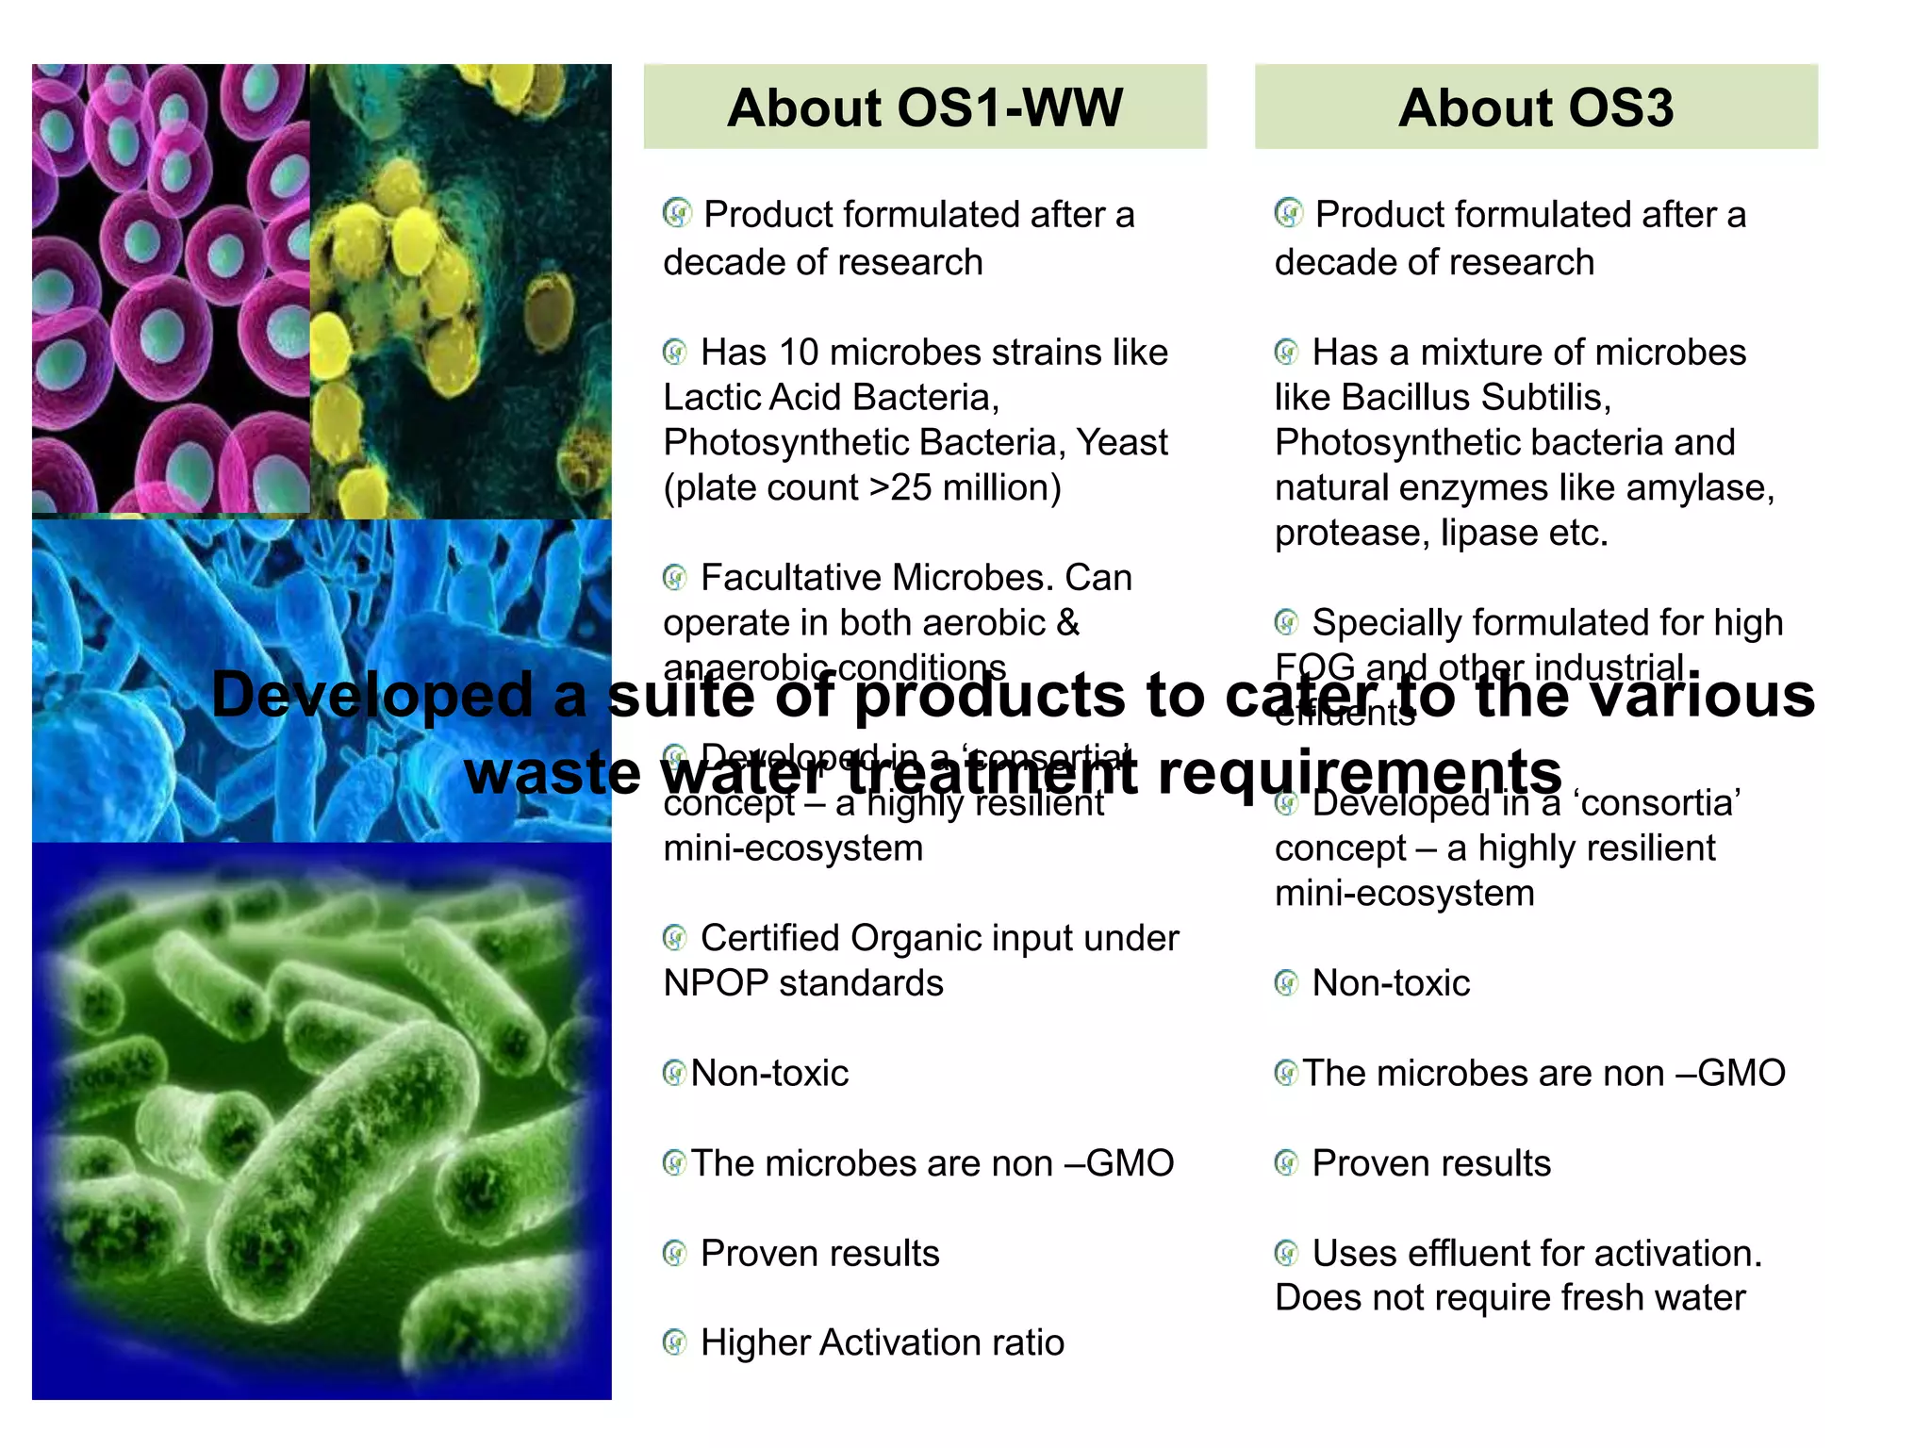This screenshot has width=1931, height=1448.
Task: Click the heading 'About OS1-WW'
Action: click(924, 107)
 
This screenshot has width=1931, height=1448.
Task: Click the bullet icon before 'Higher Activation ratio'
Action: click(674, 1342)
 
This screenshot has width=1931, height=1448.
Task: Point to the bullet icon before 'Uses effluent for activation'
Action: click(1286, 1253)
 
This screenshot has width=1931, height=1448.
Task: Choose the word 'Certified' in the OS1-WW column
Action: click(769, 938)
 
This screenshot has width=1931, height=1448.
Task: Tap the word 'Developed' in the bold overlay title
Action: click(373, 696)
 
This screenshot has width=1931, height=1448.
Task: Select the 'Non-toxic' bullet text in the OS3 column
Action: click(1391, 983)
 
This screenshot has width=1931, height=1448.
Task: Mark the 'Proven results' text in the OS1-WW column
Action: click(819, 1254)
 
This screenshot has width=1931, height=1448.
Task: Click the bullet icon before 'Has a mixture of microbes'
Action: click(1286, 353)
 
